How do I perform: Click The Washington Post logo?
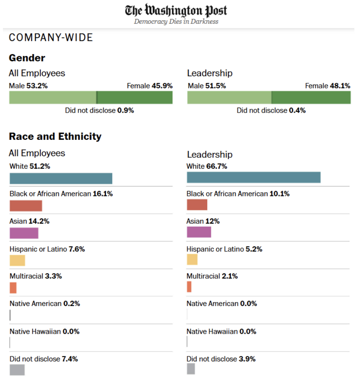(x=176, y=10)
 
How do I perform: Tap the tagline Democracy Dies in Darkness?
(x=176, y=22)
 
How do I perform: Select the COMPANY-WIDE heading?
(x=51, y=38)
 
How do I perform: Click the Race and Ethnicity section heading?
(x=55, y=136)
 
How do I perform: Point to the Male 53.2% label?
(x=28, y=86)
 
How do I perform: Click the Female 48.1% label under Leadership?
(x=328, y=86)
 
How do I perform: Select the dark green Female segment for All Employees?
(x=135, y=98)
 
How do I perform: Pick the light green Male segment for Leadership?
(x=229, y=98)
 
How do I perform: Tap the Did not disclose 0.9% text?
(x=99, y=111)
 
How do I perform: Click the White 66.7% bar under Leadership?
(x=253, y=177)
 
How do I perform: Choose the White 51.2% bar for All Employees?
(x=61, y=178)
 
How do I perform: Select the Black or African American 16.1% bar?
(x=26, y=206)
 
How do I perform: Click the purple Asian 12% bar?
(x=199, y=232)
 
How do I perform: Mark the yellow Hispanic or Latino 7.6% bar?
(x=17, y=260)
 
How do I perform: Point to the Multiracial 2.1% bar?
(x=189, y=287)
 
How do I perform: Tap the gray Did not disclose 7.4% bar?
(x=17, y=370)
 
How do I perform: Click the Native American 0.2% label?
(x=45, y=304)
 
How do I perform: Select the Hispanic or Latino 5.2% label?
(x=224, y=249)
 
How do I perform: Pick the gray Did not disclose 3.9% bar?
(x=191, y=369)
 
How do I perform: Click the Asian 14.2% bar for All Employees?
(x=24, y=233)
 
